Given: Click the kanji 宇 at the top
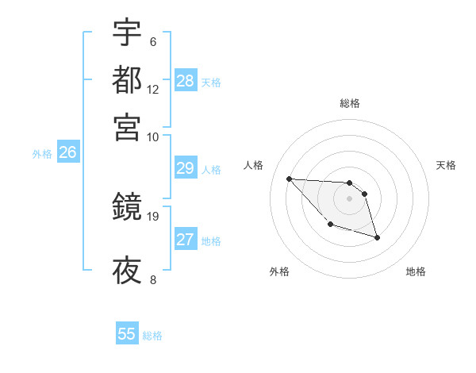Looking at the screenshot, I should coord(127,33).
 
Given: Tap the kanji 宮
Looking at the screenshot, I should coord(127,126).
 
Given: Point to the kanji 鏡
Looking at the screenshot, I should coord(127,209).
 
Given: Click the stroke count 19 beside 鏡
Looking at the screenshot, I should coord(153,215).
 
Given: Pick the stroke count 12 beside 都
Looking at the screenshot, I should coord(153,89).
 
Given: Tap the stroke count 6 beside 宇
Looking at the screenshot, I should coord(152,42).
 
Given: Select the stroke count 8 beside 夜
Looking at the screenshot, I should coord(152,279).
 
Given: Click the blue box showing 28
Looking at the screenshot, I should coord(186,80).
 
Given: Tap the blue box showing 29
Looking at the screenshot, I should coord(185,168).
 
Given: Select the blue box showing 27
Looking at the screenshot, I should coord(185,240).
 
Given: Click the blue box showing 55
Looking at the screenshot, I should coord(127,334).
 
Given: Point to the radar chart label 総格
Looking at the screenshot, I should coord(350,103).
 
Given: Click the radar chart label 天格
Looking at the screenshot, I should coord(446,165).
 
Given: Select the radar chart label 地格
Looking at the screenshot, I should coord(416,271).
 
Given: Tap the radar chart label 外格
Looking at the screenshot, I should coord(279,271).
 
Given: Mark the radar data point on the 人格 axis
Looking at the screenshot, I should coord(289,179).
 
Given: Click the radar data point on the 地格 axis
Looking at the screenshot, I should coord(377,237).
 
